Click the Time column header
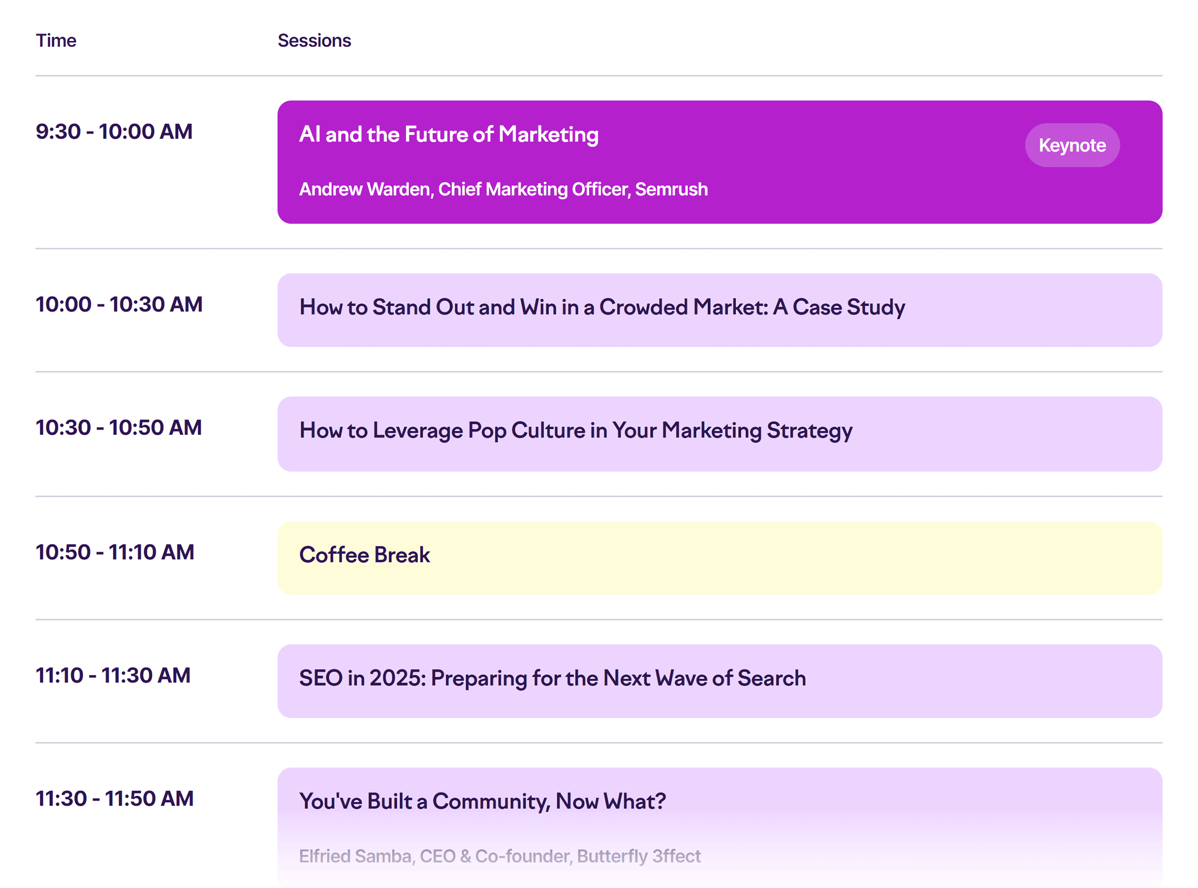(x=56, y=41)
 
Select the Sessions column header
(x=314, y=41)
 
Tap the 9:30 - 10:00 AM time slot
(x=114, y=132)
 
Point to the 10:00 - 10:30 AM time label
(x=119, y=305)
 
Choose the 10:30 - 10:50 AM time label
(x=118, y=428)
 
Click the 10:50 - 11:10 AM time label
(x=115, y=553)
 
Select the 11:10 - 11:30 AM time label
(x=113, y=676)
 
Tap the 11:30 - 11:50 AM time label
(x=115, y=799)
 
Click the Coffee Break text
(x=364, y=555)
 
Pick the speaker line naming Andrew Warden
(x=503, y=189)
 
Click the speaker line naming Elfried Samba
(x=499, y=856)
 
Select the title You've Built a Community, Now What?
(x=482, y=801)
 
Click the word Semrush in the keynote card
(x=671, y=189)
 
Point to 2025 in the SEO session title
(x=397, y=679)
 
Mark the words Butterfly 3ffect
(x=638, y=856)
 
